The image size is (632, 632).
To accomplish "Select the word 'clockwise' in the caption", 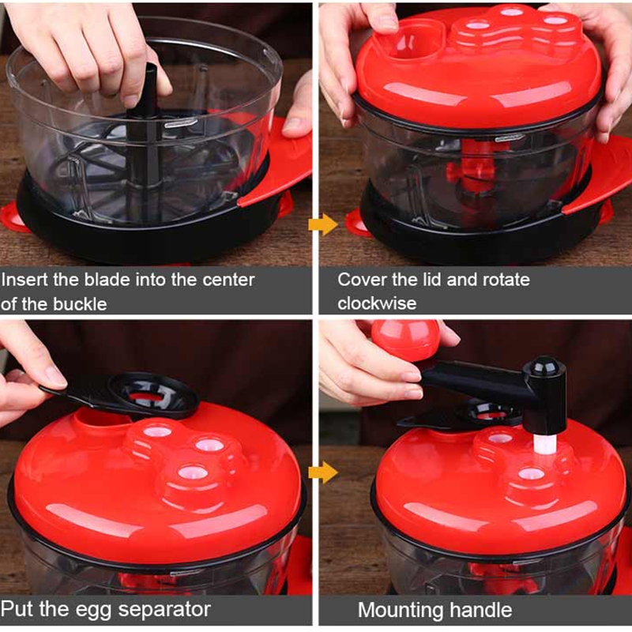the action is point(377,303).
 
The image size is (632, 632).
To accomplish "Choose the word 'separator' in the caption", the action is point(164,610).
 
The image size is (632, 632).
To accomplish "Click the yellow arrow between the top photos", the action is point(323,224).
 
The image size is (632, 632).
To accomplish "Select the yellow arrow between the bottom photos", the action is point(323,472).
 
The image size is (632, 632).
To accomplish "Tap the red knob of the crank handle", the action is point(405,340).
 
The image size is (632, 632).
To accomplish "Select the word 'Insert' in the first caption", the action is point(24,280).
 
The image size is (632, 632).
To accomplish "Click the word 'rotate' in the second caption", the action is point(506,280).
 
